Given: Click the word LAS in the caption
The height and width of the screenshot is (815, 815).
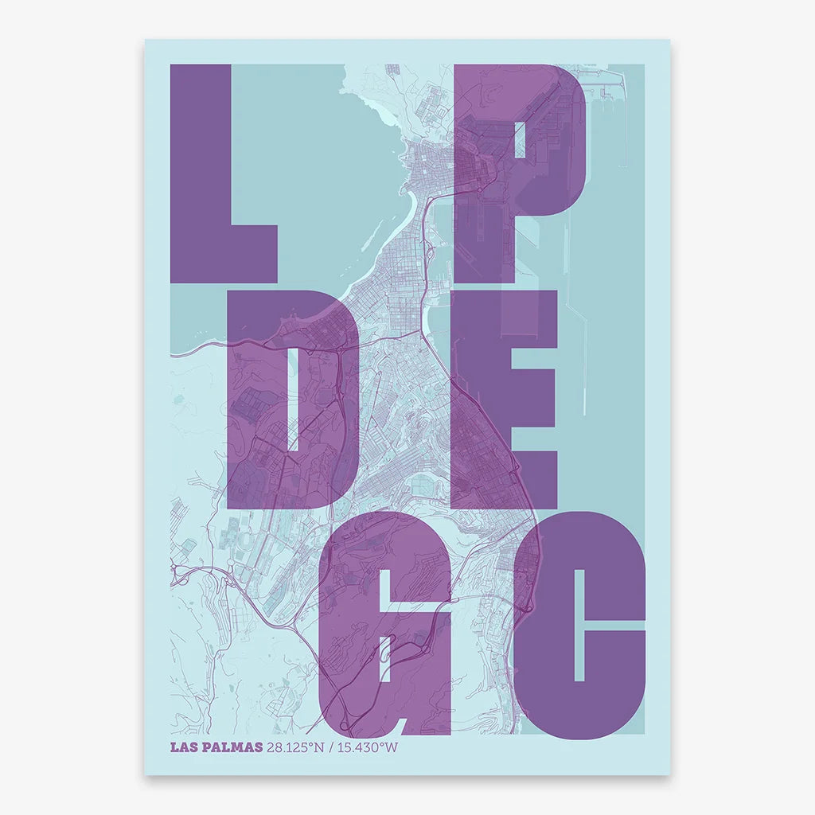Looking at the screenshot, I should tap(183, 747).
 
